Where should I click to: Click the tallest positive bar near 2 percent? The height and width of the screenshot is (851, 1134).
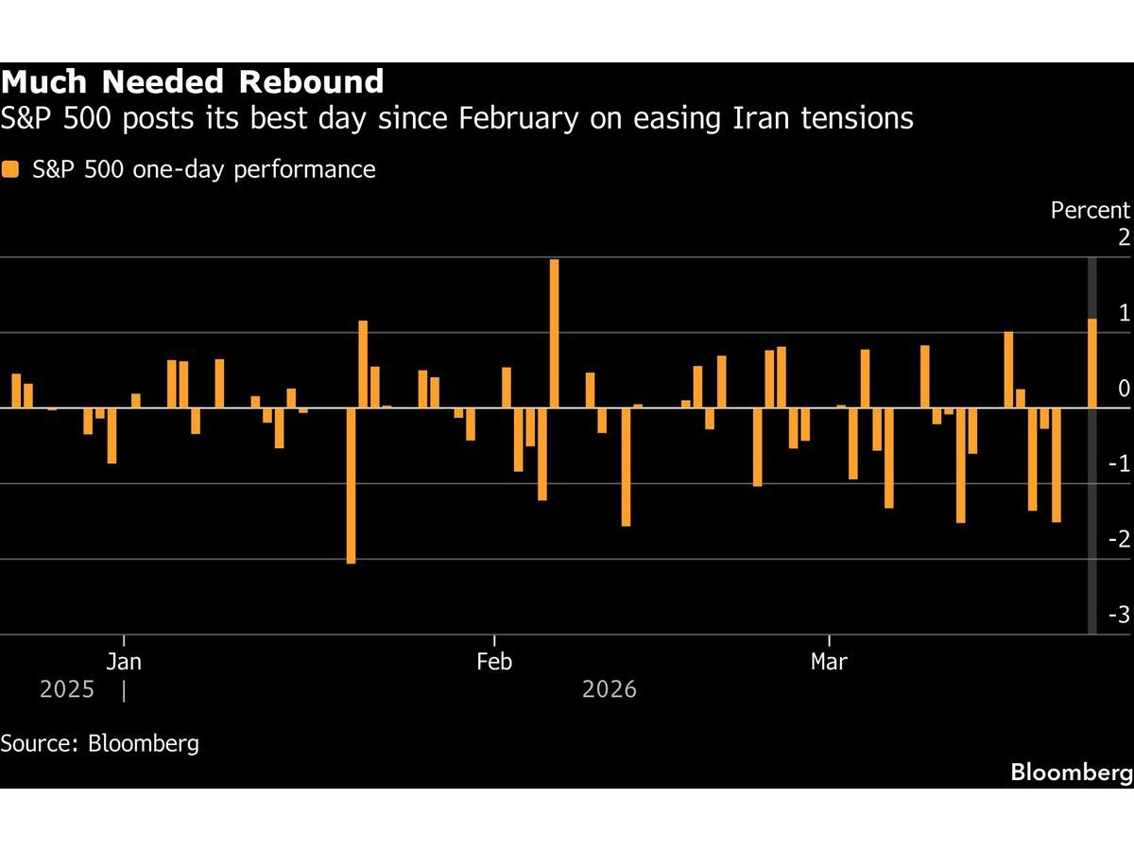pos(554,333)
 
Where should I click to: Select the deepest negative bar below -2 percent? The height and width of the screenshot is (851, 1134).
pos(351,485)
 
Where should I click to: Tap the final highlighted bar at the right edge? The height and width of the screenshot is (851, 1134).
pos(1092,363)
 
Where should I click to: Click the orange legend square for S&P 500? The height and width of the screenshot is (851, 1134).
pos(10,170)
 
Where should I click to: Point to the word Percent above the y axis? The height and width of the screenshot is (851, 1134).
pos(1090,211)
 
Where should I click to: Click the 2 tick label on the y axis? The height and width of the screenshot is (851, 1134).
pos(1124,238)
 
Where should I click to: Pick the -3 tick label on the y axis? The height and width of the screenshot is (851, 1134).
pos(1118,616)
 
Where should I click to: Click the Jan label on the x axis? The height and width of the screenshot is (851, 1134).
pos(124,662)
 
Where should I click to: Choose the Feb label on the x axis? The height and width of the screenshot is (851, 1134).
pos(494,662)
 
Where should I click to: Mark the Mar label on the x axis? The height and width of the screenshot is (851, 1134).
pos(829,662)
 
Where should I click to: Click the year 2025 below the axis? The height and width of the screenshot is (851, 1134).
pos(67,690)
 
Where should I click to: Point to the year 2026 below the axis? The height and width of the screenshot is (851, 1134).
pos(610,690)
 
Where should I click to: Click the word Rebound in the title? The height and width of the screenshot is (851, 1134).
pos(311,81)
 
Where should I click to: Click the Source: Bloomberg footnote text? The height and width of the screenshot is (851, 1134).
pos(100,743)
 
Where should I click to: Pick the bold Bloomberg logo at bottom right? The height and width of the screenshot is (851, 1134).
pos(1071,773)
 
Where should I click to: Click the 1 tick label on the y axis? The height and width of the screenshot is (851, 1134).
pos(1124,314)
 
